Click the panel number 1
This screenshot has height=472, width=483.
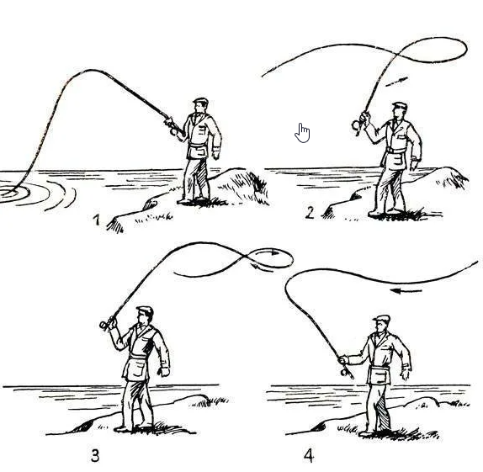click(x=97, y=220)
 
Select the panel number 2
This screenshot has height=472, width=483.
click(x=310, y=213)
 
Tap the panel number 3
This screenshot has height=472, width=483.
click(x=95, y=456)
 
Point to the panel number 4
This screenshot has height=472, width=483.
click(x=309, y=456)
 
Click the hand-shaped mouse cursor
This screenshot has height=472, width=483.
click(x=302, y=133)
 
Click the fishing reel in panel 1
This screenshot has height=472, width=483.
click(x=173, y=131)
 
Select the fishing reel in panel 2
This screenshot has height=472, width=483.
click(x=358, y=125)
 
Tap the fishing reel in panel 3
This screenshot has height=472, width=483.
click(x=103, y=325)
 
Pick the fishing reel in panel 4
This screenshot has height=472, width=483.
click(x=344, y=373)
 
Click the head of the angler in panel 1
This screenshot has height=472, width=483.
click(x=200, y=106)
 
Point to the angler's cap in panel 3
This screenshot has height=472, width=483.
click(x=145, y=310)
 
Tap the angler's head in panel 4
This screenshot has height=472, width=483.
click(x=381, y=324)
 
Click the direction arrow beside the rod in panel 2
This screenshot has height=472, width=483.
click(x=397, y=82)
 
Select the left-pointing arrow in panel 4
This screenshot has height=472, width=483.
click(x=406, y=290)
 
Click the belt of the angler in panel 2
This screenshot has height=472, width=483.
click(x=396, y=150)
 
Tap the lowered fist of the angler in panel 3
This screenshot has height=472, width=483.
click(x=164, y=372)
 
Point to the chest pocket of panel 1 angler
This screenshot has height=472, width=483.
click(x=201, y=130)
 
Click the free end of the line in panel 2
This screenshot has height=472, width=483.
click(x=263, y=76)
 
